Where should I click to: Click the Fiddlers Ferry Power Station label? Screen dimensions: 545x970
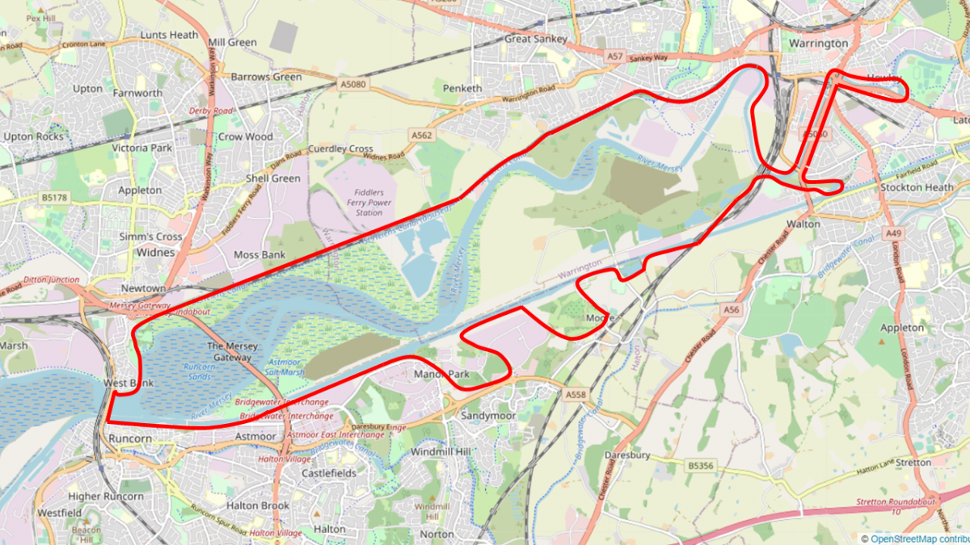[x=369, y=203]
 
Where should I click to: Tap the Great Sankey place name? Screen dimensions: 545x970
[x=536, y=38]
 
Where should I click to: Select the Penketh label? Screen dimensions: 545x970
[x=463, y=88]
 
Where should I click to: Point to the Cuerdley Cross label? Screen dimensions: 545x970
[x=340, y=149]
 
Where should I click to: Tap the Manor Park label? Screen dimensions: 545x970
[x=441, y=375]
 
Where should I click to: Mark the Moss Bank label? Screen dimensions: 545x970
[x=259, y=254]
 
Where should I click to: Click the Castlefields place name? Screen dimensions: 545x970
[x=329, y=472]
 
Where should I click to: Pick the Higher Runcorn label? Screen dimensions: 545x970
[x=106, y=497]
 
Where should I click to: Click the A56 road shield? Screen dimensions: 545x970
[x=732, y=309]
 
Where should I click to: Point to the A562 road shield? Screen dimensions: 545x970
[x=420, y=136]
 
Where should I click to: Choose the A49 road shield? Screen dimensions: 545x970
[x=892, y=233]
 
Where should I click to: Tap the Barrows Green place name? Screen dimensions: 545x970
[x=266, y=78]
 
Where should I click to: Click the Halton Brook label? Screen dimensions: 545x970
[x=258, y=505]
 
